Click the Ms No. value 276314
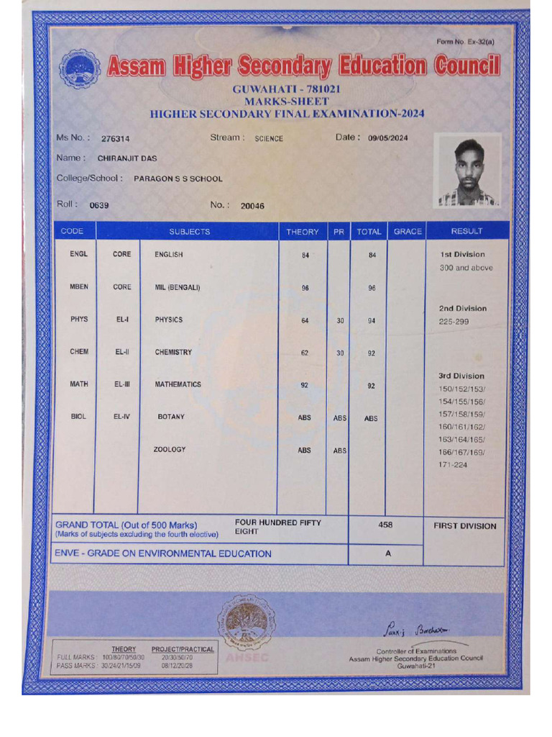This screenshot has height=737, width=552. pos(116,139)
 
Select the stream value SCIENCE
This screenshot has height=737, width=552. pos(269,139)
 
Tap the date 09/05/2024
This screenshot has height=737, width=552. pos(387,139)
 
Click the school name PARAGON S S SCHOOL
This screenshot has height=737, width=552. pos(178,179)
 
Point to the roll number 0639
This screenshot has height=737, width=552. pos(99,206)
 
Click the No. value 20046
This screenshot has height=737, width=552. pos(252,206)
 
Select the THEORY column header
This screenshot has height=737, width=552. pos(303,232)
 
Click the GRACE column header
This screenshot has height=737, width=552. pos(408,232)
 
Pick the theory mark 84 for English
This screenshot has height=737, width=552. pos(305,256)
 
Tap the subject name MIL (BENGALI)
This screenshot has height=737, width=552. pos(178,288)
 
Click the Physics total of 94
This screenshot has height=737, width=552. pos(372,321)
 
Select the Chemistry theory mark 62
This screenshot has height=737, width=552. pos(305,353)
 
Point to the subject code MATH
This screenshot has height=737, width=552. pos(78,384)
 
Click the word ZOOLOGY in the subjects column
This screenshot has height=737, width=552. pos(170,450)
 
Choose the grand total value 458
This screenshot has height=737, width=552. pos(386,525)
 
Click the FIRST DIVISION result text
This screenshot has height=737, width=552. pos(465,526)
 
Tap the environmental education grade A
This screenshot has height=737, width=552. pos(388,553)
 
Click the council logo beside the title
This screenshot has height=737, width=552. pos(79,69)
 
